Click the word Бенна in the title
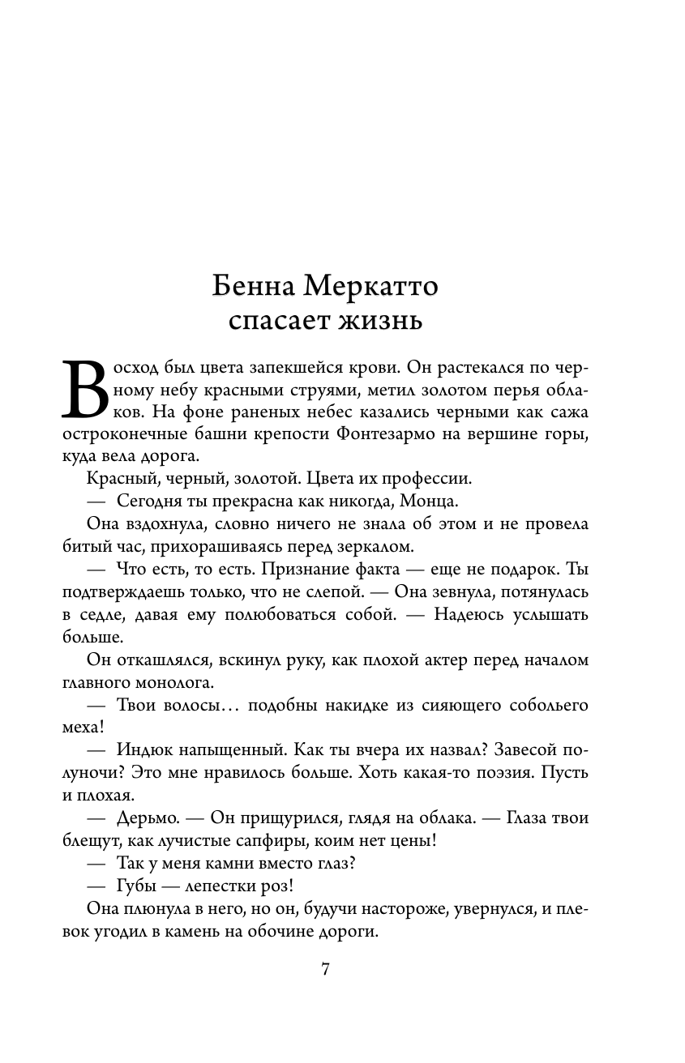[x=253, y=287]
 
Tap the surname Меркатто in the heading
[x=369, y=287]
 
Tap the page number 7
[x=325, y=970]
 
